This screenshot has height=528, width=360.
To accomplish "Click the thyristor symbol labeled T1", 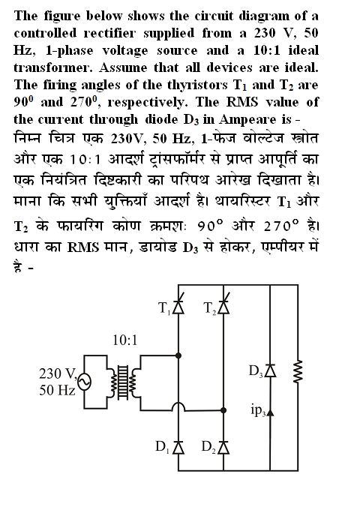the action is pos(178,306).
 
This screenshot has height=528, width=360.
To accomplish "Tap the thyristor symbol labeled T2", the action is pos(223,306).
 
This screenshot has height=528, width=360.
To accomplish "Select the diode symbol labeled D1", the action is pos(178,447).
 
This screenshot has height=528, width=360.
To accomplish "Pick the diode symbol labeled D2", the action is pos(223,447).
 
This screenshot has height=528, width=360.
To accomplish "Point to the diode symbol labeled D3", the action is pos(270,370).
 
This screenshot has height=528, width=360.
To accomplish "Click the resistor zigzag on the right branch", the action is pos(298,371).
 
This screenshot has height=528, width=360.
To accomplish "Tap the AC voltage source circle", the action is pos(84,382).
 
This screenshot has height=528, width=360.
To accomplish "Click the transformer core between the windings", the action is pos(123,382).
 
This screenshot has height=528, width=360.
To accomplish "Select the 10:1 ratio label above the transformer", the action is pos(125,340).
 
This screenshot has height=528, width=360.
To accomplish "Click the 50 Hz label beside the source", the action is pos(57,390).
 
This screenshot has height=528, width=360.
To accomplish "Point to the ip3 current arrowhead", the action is pos(270,412).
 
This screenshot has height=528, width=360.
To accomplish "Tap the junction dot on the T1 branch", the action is pos(178,355).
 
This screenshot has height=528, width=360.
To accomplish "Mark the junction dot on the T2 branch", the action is pos(223,410).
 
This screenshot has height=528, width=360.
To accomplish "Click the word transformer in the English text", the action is pos(52,67).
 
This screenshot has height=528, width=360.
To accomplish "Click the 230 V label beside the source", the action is pos(58,373).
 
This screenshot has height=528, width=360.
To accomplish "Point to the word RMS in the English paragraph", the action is pos(241,102).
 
